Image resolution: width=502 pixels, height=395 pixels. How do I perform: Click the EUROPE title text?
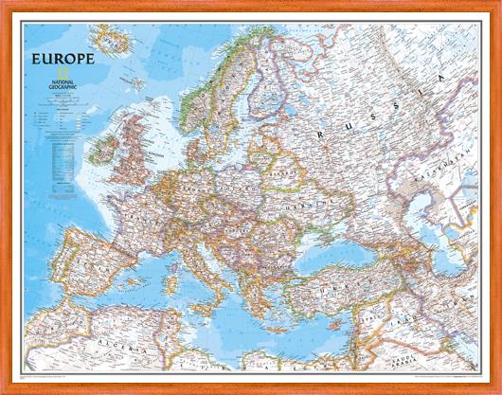61,58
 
